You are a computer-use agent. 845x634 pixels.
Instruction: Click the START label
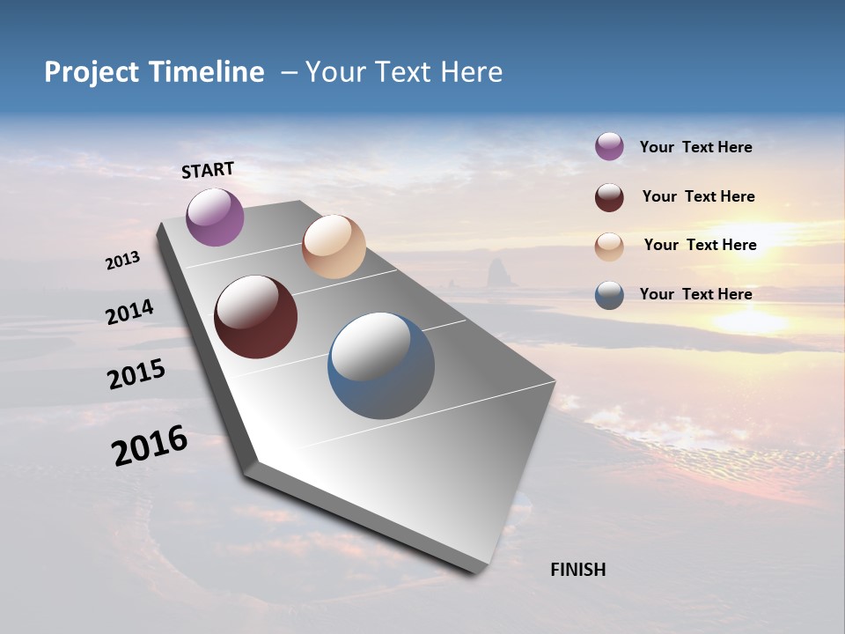tap(208, 170)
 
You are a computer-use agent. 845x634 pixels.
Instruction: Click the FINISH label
tap(577, 570)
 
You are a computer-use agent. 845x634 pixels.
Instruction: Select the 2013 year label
tap(122, 261)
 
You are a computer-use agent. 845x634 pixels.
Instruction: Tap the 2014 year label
tap(129, 312)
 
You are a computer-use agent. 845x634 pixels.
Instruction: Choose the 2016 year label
tap(150, 446)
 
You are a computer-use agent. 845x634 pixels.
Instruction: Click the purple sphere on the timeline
tap(215, 217)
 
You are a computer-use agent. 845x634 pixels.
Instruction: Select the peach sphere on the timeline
tap(334, 247)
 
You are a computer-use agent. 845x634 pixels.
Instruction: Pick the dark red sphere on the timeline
tap(255, 317)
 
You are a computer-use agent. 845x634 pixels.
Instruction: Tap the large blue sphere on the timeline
tap(381, 365)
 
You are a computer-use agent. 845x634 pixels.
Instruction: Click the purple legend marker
tap(609, 146)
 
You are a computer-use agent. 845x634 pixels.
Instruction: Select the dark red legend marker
tap(609, 197)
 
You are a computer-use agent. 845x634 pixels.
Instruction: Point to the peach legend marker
tap(609, 247)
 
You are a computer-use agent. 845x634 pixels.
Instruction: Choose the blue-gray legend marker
tap(609, 295)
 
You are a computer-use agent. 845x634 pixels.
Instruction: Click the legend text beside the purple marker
tap(695, 147)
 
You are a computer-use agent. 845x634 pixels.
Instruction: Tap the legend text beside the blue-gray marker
tap(695, 294)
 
